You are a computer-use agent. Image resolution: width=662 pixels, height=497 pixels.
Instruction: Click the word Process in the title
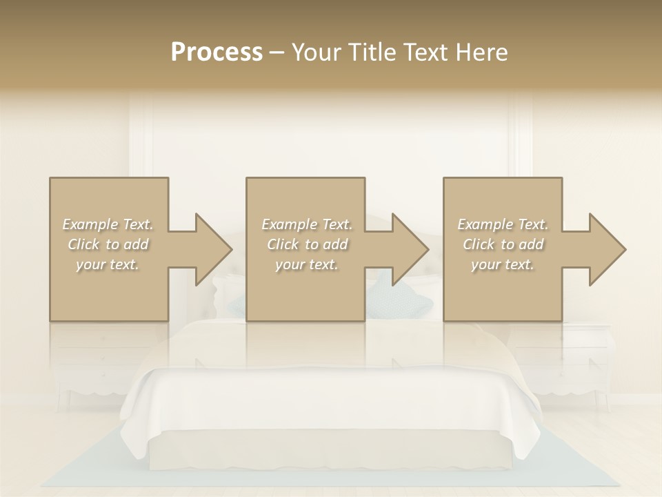pos(217,52)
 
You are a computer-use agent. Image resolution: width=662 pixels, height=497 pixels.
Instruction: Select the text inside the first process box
pos(108,244)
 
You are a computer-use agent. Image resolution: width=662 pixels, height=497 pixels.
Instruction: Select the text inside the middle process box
pos(306,244)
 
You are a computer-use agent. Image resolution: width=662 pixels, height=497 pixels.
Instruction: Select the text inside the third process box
pos(503,244)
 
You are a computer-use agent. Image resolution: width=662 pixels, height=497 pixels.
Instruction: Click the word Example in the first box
pos(90,224)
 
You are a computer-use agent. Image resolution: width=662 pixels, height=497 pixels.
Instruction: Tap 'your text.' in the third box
pos(503,264)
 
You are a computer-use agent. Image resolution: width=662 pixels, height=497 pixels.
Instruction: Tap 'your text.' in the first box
pos(108,264)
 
